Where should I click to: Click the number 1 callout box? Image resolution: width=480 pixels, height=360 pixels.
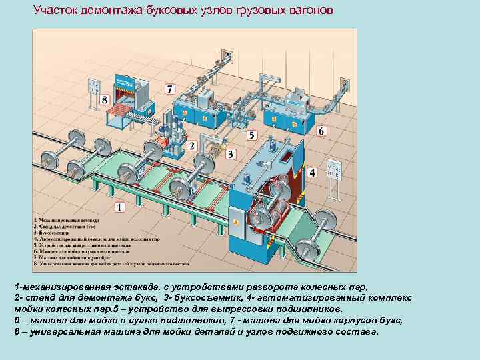pyautogui.click(x=119, y=207)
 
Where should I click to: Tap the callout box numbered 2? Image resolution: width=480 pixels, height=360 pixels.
pyautogui.click(x=192, y=145)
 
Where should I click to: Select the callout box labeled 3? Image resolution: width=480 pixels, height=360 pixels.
pyautogui.click(x=231, y=155)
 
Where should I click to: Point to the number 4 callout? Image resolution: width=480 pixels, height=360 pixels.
pyautogui.click(x=312, y=173)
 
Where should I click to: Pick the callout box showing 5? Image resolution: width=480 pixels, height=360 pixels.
pyautogui.click(x=251, y=135)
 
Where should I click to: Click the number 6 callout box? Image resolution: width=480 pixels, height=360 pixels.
pyautogui.click(x=321, y=131)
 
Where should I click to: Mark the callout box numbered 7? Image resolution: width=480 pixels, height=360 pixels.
pyautogui.click(x=169, y=89)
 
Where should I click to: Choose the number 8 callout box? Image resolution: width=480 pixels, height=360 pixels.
pyautogui.click(x=105, y=100)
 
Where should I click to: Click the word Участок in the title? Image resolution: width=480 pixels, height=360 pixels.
pyautogui.click(x=57, y=11)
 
